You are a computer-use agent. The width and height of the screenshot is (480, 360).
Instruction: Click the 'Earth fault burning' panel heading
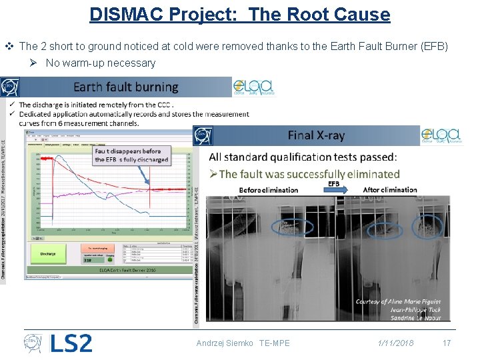click(126, 87)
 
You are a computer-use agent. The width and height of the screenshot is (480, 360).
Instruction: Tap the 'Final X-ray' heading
click(316, 135)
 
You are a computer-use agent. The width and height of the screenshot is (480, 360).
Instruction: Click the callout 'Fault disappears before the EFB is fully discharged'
click(132, 155)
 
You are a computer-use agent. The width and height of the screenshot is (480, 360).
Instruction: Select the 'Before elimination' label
click(269, 190)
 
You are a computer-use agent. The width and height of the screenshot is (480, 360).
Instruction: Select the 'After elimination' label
click(390, 190)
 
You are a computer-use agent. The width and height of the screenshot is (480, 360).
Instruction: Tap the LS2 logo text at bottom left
click(71, 343)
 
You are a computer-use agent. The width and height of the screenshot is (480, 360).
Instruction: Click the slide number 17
click(447, 343)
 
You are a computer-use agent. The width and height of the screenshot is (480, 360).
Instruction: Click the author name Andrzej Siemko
click(225, 343)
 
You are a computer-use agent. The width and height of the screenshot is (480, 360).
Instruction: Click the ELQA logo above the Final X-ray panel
click(441, 135)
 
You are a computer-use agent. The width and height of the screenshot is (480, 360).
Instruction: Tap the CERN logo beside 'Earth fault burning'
click(10, 87)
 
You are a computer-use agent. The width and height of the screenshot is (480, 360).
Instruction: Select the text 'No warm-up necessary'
click(100, 63)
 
